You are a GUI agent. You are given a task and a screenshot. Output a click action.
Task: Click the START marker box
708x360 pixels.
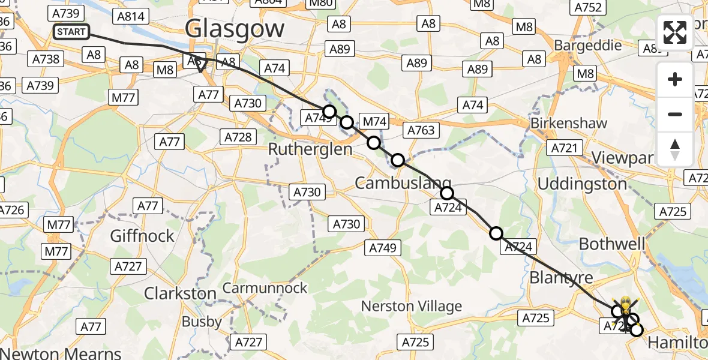[x=71, y=32]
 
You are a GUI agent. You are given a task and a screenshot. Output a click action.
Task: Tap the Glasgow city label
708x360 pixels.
[x=235, y=28]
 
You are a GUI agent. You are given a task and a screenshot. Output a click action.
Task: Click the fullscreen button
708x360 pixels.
[x=675, y=33]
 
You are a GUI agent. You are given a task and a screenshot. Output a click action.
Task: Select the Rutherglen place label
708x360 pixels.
[x=310, y=149]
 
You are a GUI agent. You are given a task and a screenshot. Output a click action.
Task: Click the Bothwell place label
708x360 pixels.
[x=611, y=244]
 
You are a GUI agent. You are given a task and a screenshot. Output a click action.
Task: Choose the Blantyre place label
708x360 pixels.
[x=561, y=278]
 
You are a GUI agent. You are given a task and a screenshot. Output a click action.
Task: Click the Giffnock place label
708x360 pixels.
[x=142, y=236]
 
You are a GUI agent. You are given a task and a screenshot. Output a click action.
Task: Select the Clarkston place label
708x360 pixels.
[x=180, y=293]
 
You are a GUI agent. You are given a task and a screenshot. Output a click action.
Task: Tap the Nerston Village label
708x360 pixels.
[x=411, y=306]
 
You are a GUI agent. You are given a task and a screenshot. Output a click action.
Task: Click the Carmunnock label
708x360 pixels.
[x=265, y=288]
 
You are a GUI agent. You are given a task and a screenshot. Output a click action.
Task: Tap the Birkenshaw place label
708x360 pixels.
[x=569, y=123]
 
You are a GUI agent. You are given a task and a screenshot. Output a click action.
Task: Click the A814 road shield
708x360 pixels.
[x=131, y=16]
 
